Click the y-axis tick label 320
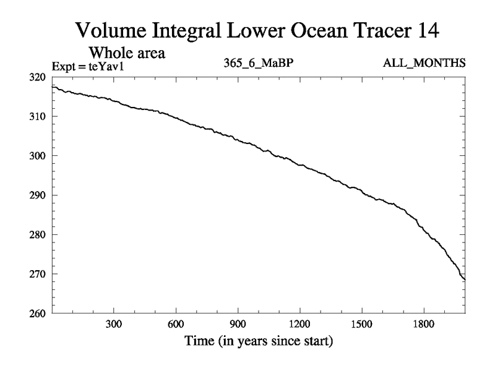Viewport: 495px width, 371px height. pos(38,77)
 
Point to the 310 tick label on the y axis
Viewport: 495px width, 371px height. pos(38,117)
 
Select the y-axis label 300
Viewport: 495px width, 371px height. pos(38,156)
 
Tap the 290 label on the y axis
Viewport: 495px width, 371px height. pos(38,195)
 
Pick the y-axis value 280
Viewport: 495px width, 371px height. pos(38,235)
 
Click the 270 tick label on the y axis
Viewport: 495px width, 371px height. pos(38,274)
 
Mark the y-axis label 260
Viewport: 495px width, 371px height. pos(38,313)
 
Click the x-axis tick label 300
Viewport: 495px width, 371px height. pos(114,323)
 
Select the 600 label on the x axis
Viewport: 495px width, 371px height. pos(176,323)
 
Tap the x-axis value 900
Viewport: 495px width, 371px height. pos(238,323)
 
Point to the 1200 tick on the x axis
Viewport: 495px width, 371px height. pos(299,323)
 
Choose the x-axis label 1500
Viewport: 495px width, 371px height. pos(361,323)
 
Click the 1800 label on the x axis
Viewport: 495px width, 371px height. pos(423,323)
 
